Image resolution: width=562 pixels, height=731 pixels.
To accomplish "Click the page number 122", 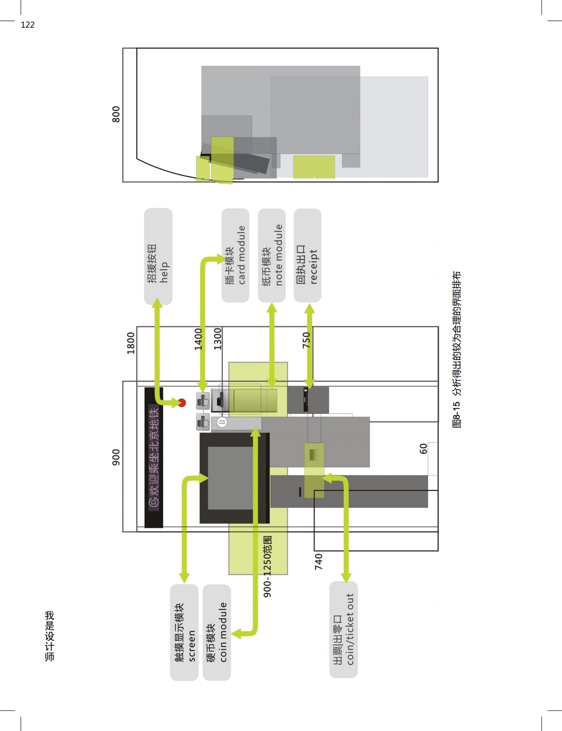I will click(x=28, y=25).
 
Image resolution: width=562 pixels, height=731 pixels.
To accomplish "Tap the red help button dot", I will click(x=182, y=402).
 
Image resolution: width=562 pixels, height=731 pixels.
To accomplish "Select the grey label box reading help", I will click(x=158, y=257).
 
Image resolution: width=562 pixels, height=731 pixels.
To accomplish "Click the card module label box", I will click(x=235, y=255).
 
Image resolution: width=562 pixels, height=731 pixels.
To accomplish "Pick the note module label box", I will click(x=272, y=255).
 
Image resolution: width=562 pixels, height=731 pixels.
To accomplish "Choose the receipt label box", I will click(x=307, y=255).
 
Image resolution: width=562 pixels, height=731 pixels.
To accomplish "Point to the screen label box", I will click(x=184, y=632).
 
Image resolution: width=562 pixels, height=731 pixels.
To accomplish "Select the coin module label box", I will click(x=217, y=632).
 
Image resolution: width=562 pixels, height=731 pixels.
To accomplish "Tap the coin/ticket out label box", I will click(x=344, y=629).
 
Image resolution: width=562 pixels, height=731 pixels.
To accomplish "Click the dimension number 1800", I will click(x=131, y=343).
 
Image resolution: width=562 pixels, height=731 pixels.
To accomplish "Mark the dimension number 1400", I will click(x=198, y=339).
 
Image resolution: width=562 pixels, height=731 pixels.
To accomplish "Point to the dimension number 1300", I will click(x=217, y=339).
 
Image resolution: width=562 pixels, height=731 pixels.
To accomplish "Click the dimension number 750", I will click(x=306, y=340).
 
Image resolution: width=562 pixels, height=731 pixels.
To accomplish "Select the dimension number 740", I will click(x=318, y=562).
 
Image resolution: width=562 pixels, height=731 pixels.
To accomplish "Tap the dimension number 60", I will click(x=423, y=449).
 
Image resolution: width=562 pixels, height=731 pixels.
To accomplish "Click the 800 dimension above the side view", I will click(x=116, y=114).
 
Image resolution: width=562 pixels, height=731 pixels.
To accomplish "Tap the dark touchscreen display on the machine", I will click(x=234, y=478).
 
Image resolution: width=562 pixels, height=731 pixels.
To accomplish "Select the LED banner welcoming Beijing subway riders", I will click(x=153, y=457).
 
